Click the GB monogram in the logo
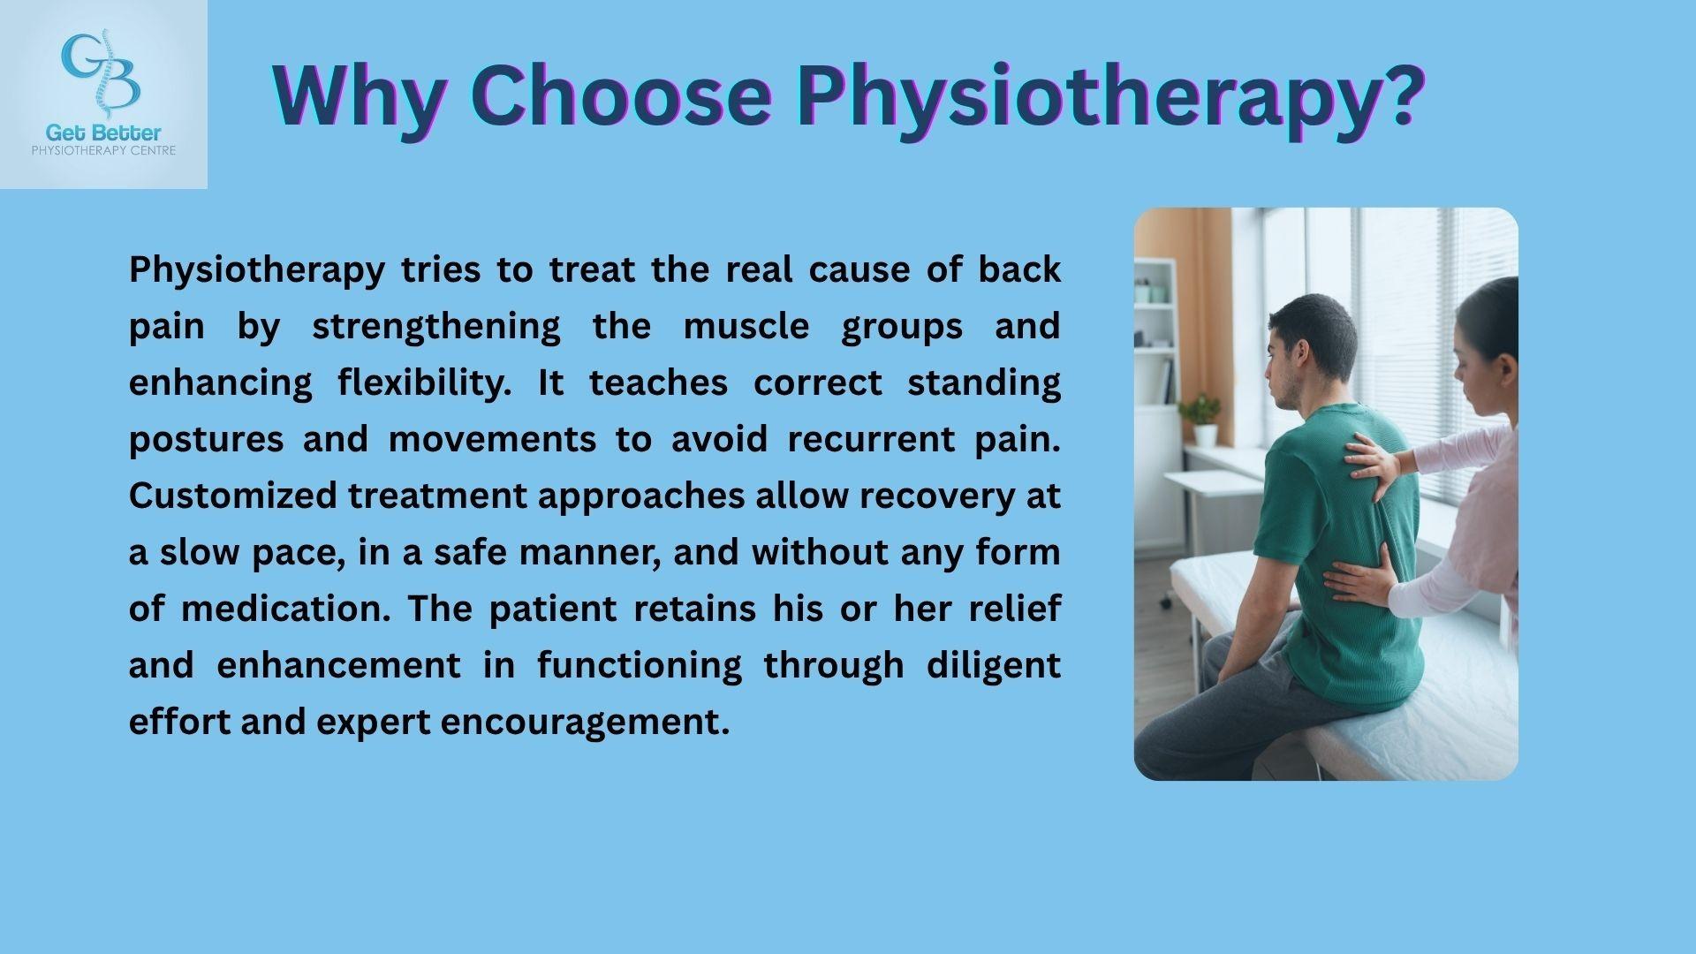(x=102, y=71)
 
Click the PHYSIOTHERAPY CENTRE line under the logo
(x=103, y=151)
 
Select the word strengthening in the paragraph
(x=436, y=327)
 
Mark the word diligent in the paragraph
(x=993, y=666)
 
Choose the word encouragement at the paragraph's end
(x=585, y=723)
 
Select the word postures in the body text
(x=207, y=440)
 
